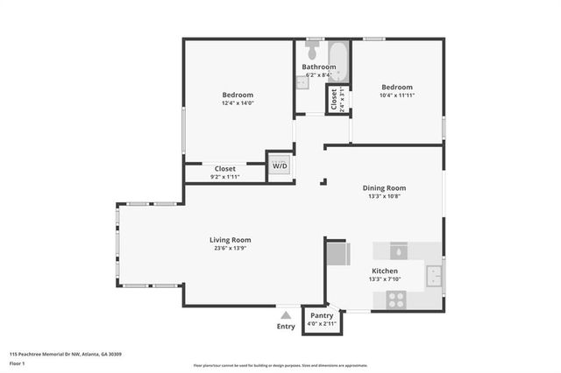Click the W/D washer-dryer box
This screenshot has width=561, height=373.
[279, 165]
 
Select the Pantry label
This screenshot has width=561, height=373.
[322, 315]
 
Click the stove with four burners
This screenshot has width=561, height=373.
[396, 297]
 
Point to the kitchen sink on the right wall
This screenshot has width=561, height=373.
[435, 277]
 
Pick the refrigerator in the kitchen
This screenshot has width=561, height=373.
[336, 255]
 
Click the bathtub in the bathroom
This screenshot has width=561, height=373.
[340, 66]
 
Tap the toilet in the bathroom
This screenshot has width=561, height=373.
[314, 44]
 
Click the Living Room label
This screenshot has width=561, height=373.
[230, 240]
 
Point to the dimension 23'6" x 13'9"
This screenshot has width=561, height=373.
[230, 249]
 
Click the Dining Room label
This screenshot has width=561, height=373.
[384, 187]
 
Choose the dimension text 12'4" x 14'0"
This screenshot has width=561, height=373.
[237, 103]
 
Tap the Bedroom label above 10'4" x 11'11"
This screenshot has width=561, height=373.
[396, 87]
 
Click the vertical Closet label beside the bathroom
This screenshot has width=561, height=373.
[333, 101]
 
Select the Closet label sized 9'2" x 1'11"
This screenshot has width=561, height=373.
[225, 169]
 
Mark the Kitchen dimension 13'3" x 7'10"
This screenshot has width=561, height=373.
[384, 280]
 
